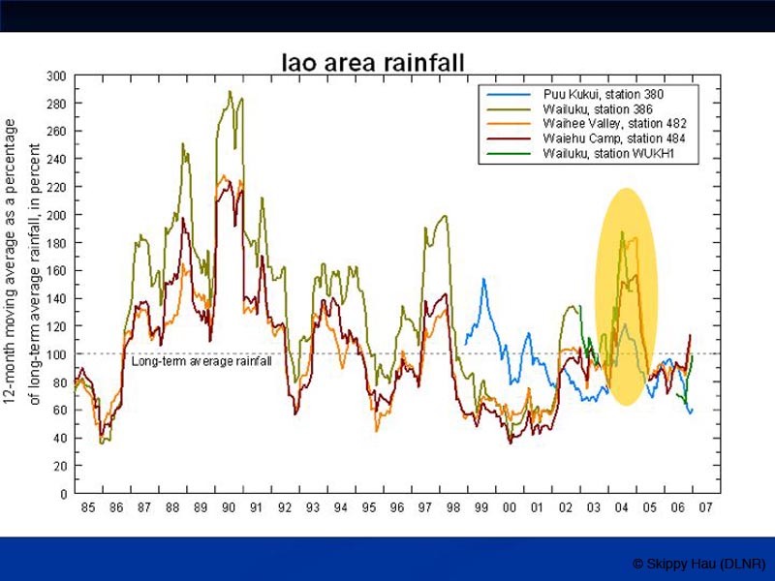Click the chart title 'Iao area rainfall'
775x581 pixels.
coord(373,64)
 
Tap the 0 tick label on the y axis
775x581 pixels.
coord(63,494)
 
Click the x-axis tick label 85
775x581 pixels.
coord(88,508)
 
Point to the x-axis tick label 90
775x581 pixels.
coord(229,508)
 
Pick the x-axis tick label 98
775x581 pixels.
coord(453,508)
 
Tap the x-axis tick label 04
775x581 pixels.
coord(622,508)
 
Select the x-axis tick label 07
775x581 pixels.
coord(706,508)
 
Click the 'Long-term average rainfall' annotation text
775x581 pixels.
coord(201,361)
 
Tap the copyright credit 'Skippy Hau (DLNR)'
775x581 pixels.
coord(698,564)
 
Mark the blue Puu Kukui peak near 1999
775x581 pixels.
coord(483,279)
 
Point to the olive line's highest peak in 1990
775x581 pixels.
coord(230,92)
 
